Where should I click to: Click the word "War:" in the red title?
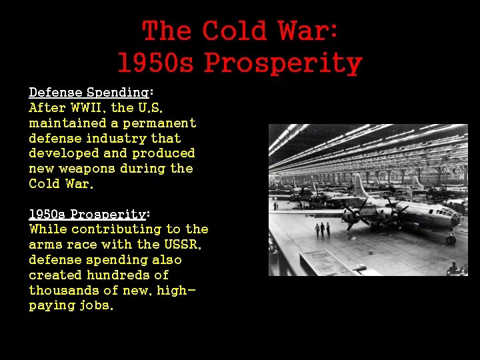pyautogui.click(x=309, y=31)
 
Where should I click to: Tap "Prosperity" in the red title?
pyautogui.click(x=283, y=63)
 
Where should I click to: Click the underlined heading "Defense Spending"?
pyautogui.click(x=88, y=93)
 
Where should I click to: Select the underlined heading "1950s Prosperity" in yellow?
pyautogui.click(x=87, y=214)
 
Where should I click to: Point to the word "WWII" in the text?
pyautogui.click(x=88, y=107)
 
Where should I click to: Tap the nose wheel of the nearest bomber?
pyautogui.click(x=451, y=239)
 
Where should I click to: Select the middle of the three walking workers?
pyautogui.click(x=322, y=229)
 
